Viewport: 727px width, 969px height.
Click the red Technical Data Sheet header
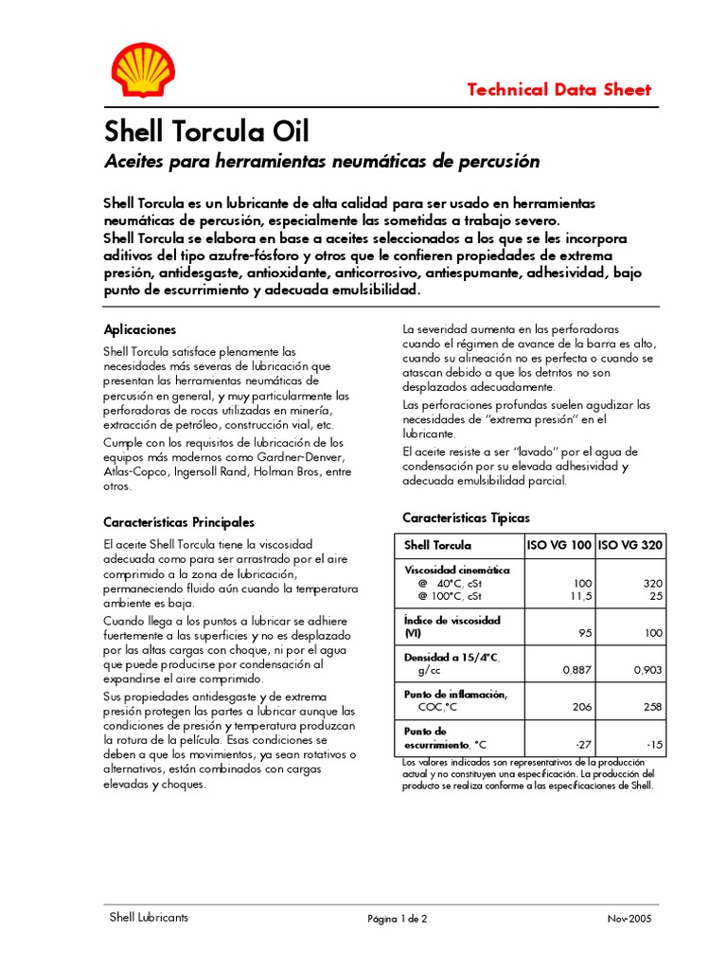[559, 90]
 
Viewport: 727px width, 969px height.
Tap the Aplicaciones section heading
[140, 329]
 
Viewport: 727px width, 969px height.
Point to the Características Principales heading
[179, 522]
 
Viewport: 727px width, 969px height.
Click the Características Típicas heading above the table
[467, 519]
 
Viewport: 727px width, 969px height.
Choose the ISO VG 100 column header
[559, 546]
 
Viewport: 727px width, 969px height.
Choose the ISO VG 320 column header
[631, 546]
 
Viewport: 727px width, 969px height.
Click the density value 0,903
[647, 670]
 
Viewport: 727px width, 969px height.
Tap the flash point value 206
[582, 707]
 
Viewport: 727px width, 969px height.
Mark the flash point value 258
[653, 707]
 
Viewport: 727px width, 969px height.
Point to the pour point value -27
[583, 744]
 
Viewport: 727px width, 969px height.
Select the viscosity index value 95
[585, 633]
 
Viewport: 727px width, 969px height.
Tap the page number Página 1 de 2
[398, 919]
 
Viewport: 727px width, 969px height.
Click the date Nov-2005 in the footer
[629, 919]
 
